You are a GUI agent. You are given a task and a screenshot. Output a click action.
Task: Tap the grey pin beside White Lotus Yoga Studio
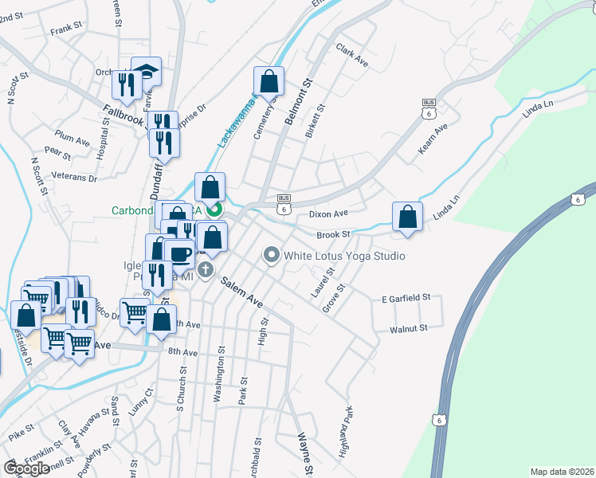tap(272, 256)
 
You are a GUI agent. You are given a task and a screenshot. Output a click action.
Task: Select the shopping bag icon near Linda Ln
tap(407, 217)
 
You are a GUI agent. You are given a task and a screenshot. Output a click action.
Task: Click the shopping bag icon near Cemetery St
tap(269, 80)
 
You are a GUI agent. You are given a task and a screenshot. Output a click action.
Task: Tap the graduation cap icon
tap(146, 72)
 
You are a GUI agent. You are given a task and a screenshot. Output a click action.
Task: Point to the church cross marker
tap(206, 269)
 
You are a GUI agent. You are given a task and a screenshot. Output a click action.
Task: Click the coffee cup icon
tap(181, 253)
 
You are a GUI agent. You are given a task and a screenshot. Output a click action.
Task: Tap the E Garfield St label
tap(406, 297)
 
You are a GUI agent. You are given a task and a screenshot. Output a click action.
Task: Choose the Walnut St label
tap(409, 327)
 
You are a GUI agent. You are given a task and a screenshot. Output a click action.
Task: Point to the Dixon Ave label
tap(329, 214)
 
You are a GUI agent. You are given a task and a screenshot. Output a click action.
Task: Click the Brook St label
tap(333, 234)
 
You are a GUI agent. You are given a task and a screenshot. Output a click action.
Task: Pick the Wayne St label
tap(304, 451)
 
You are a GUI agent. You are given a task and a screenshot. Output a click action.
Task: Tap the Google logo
tap(26, 468)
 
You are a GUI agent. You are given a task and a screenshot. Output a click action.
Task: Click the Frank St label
tap(66, 29)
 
